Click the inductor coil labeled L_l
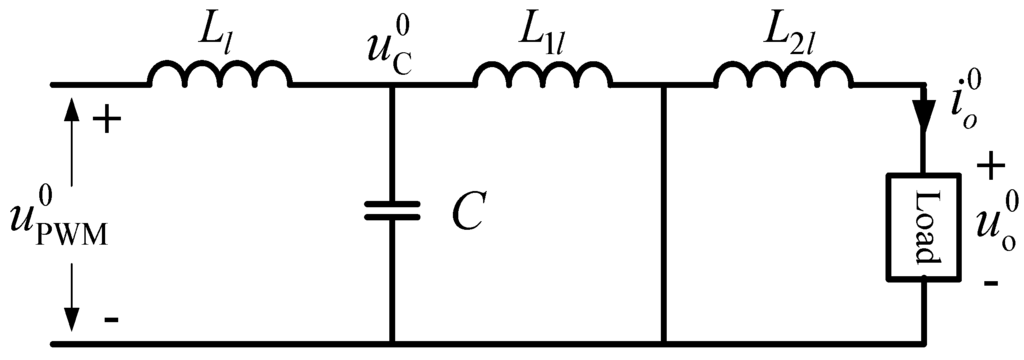[220, 74]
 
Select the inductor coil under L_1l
[540, 74]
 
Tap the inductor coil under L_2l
[783, 74]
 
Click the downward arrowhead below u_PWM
[71, 320]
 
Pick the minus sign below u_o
[990, 284]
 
